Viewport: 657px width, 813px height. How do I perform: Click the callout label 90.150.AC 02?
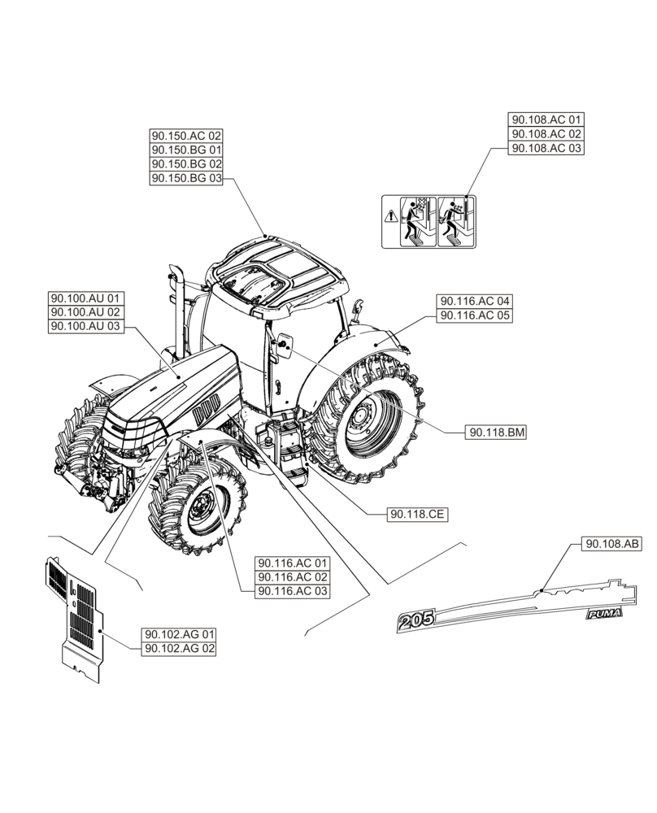tap(186, 137)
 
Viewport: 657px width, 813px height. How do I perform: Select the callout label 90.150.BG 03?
tap(186, 179)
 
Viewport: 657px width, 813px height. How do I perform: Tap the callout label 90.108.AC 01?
tap(546, 120)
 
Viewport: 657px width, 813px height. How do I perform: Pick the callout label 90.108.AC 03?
tap(546, 148)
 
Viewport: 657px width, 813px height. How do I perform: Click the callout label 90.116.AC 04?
tap(476, 301)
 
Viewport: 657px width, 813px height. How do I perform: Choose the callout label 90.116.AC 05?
tap(476, 315)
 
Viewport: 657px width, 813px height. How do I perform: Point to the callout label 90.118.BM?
tap(496, 433)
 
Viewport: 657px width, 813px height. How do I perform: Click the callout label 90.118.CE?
tap(419, 514)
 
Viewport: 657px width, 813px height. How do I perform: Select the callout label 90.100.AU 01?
tap(85, 298)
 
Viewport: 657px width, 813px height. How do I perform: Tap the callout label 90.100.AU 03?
tap(85, 326)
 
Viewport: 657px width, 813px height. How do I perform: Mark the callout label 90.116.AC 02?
tap(293, 577)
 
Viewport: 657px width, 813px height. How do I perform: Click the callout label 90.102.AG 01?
tap(180, 634)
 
